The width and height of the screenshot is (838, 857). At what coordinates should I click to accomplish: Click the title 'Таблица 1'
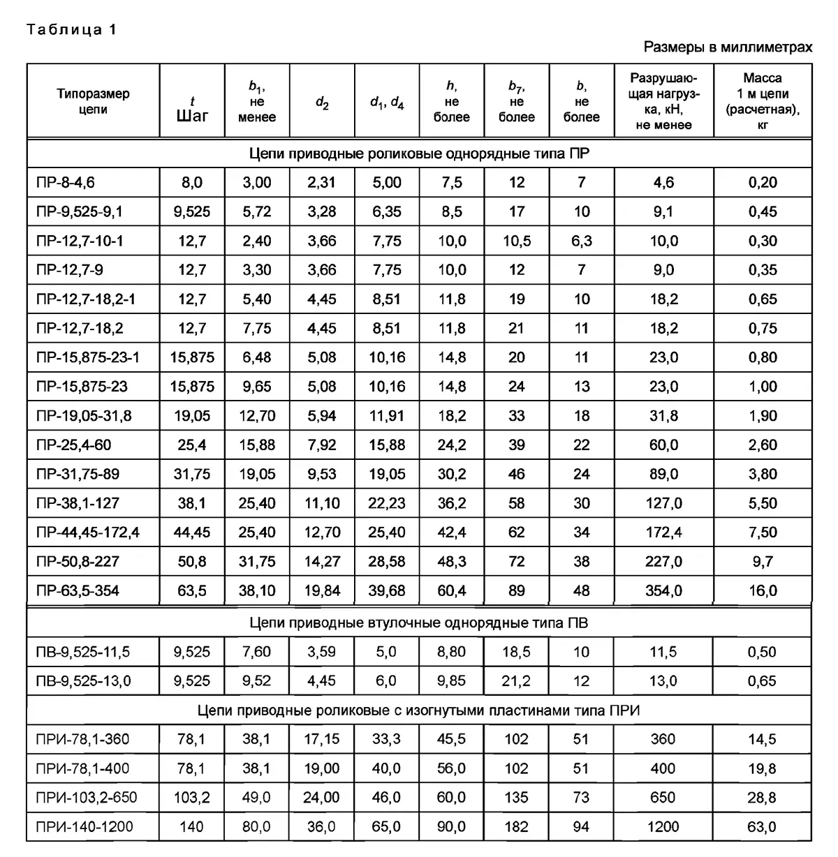[x=71, y=29]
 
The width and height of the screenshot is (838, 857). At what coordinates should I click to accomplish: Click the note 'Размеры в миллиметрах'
[x=728, y=47]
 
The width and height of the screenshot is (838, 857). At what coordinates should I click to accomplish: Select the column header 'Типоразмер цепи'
[x=93, y=101]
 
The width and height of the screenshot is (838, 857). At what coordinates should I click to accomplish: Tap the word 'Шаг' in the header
[x=192, y=116]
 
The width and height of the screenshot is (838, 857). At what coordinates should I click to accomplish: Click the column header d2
[x=322, y=103]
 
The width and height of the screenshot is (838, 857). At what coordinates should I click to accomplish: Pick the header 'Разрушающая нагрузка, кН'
[x=663, y=101]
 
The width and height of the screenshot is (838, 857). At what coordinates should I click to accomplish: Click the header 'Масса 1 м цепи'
[x=762, y=101]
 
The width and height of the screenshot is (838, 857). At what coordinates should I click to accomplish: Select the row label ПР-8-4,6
[x=66, y=183]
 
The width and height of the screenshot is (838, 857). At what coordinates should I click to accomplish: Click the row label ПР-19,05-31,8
[x=84, y=416]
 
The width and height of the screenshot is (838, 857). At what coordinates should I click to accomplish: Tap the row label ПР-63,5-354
[x=78, y=591]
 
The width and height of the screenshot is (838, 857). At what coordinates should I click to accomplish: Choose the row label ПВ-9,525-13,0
[x=83, y=681]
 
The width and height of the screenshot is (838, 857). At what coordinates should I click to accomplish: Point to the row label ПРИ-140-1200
[x=84, y=827]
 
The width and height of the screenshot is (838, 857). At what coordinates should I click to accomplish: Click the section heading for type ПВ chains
[x=419, y=623]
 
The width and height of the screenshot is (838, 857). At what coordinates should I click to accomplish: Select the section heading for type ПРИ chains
[x=419, y=710]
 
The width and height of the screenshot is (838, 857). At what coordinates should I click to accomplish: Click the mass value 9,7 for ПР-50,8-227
[x=762, y=562]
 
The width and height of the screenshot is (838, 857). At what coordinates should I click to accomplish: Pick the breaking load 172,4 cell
[x=663, y=532]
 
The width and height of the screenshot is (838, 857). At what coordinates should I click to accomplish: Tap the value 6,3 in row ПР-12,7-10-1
[x=582, y=241]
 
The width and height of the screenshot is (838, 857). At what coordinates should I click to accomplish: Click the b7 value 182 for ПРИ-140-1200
[x=516, y=827]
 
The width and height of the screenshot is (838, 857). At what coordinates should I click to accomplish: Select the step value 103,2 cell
[x=192, y=798]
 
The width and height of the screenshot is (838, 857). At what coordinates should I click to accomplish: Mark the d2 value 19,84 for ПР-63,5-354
[x=322, y=591]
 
